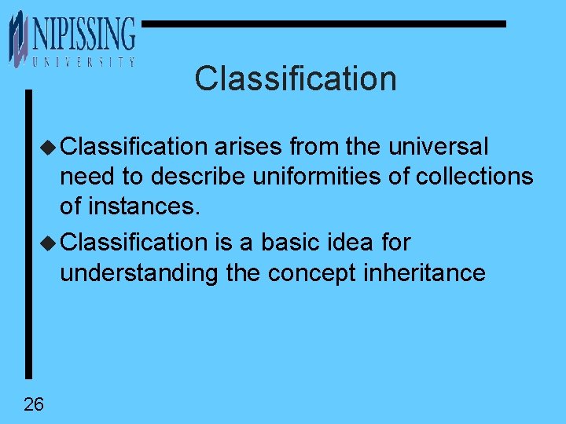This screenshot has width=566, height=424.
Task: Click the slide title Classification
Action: [x=296, y=79]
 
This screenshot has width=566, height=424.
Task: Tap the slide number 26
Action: [x=34, y=404]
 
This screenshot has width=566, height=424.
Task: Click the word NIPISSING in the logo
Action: [x=83, y=35]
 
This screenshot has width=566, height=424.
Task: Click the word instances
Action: [x=141, y=207]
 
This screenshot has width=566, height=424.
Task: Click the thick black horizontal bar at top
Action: [x=323, y=24]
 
